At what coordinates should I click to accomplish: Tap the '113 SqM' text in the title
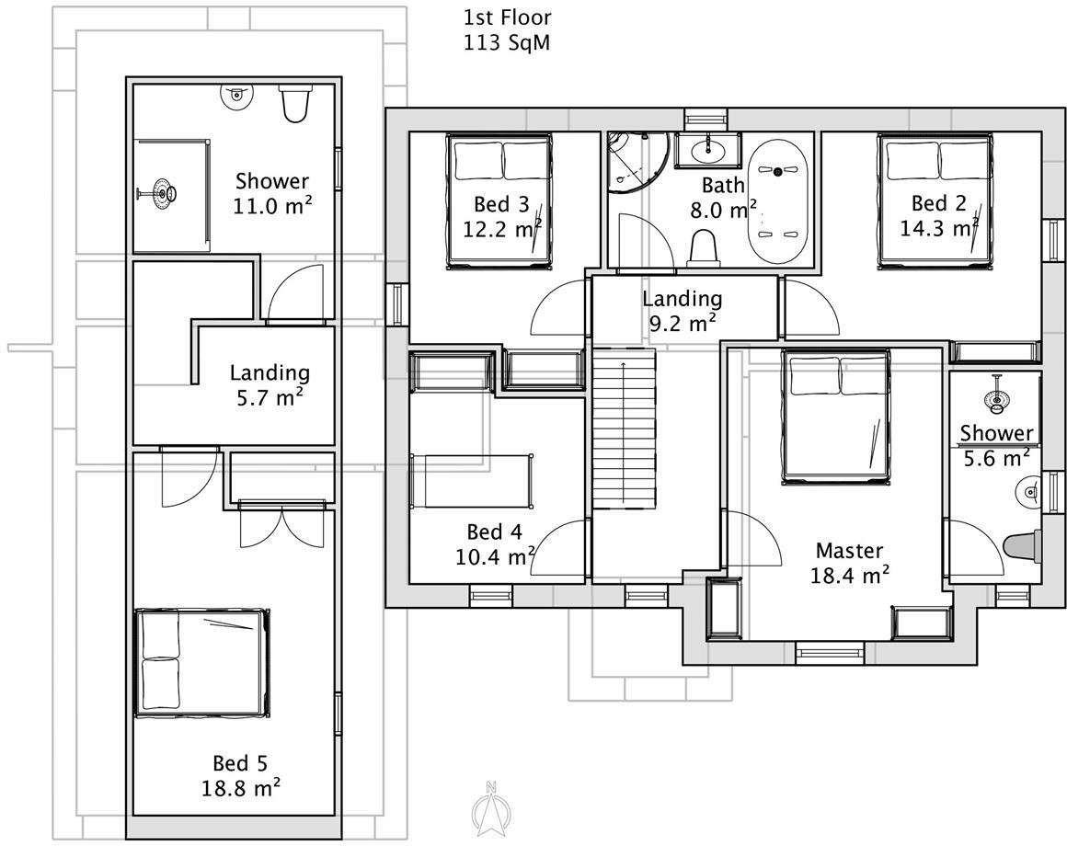coord(507,42)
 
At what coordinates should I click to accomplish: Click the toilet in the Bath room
coord(704,247)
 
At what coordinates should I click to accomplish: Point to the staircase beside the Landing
coord(623,427)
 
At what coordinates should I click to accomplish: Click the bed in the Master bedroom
coord(835,416)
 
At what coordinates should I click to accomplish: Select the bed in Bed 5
coord(202,661)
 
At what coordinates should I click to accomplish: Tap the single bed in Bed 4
coord(472,480)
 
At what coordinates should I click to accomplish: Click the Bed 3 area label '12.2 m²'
coord(501,228)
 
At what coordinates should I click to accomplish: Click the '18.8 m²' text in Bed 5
coord(240,788)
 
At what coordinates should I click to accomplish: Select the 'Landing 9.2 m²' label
coord(682,310)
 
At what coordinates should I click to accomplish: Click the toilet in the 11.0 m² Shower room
coord(295,104)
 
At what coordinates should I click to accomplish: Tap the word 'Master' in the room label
coord(849,551)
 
